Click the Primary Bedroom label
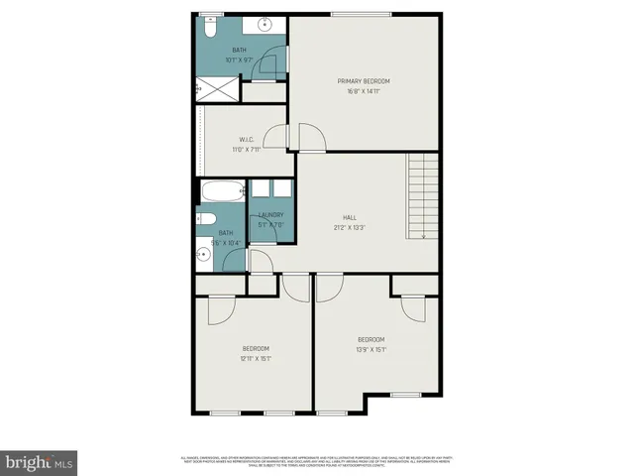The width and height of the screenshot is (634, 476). (364, 81)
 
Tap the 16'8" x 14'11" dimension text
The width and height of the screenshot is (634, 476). (364, 91)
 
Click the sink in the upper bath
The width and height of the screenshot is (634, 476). (265, 24)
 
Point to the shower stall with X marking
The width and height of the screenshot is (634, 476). (217, 89)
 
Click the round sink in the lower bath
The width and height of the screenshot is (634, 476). (204, 254)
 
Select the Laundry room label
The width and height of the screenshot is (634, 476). (270, 215)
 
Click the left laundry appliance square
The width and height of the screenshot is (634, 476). (261, 189)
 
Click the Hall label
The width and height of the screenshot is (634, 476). (350, 217)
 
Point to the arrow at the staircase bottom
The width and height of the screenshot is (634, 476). (423, 234)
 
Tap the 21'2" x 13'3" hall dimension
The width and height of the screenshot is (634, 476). (350, 227)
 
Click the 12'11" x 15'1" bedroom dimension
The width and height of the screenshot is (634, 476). (256, 358)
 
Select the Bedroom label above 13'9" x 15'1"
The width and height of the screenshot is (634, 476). (370, 339)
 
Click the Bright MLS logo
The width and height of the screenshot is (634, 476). (39, 462)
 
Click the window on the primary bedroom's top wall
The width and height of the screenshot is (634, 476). (358, 14)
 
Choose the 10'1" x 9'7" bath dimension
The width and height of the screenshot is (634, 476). (240, 60)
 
